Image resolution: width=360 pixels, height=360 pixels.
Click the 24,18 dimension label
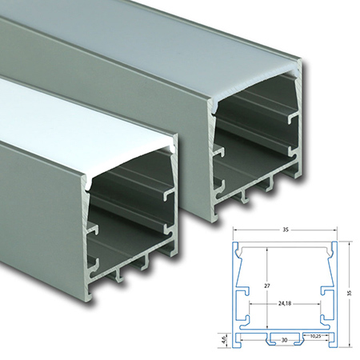click(x=285, y=303)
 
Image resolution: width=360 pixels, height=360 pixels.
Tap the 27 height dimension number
click(x=267, y=286)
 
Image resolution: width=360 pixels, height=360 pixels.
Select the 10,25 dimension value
click(x=316, y=336)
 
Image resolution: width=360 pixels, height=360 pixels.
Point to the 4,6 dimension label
click(x=225, y=340)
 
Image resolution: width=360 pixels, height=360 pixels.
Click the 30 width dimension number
click(x=285, y=340)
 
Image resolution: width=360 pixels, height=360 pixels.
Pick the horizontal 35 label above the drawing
click(x=286, y=230)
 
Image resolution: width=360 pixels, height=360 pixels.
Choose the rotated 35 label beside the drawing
click(x=350, y=293)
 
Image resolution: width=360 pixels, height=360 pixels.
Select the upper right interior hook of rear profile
click(x=294, y=118)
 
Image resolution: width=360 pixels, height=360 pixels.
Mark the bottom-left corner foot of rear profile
click(x=215, y=214)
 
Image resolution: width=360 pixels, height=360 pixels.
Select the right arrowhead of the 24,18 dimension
click(x=319, y=303)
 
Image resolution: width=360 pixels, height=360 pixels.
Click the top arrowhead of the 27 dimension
click(x=267, y=249)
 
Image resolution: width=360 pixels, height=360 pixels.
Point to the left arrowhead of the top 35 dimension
click(x=235, y=230)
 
